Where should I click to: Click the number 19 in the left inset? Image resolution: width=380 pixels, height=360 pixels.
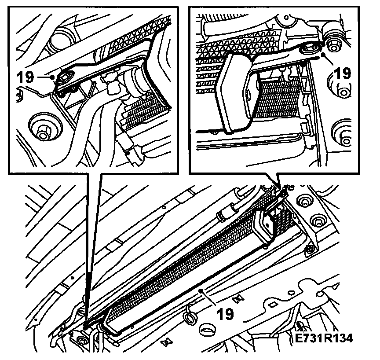click(x=25, y=77)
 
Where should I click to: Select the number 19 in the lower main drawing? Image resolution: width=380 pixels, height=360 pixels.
click(x=225, y=314)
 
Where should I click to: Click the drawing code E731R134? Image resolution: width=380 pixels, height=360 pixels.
click(x=324, y=338)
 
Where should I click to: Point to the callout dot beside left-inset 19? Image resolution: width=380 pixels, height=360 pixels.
click(x=53, y=77)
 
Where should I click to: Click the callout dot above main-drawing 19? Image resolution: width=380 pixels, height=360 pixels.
click(x=201, y=290)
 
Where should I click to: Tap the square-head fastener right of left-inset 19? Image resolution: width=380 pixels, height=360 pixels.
click(x=64, y=77)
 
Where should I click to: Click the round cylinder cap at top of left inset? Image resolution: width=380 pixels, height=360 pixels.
click(x=59, y=38)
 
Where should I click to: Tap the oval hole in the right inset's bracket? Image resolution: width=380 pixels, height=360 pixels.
click(x=248, y=96)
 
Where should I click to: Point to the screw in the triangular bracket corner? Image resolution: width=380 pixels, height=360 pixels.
click(x=311, y=248)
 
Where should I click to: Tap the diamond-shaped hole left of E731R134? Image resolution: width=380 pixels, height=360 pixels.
click(x=273, y=304)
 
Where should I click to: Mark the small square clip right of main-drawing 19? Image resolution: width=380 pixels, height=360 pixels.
click(x=237, y=299)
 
